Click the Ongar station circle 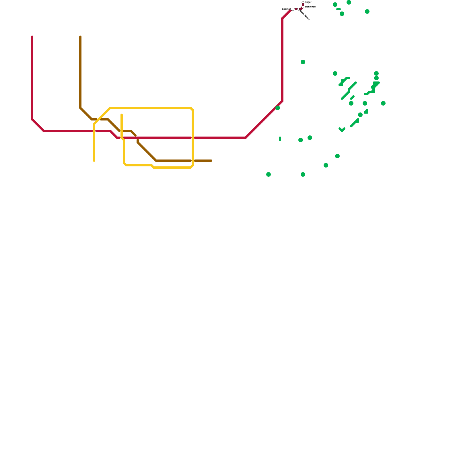point(303,2)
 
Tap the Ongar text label point(308,2)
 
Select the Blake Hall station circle point(303,7)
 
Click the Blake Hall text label point(310,7)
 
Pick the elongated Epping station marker point(293,9)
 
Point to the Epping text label point(286,9)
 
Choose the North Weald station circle point(298,9)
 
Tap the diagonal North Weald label point(305,15)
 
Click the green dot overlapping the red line point(278,108)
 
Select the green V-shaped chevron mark point(342,130)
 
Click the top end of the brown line point(80,37)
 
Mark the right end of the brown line point(211,161)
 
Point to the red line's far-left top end point(32,37)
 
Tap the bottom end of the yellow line point(94,161)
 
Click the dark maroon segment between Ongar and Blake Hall point(303,5)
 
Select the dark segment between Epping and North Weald point(296,9)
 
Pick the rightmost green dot point(383,103)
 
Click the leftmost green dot point(269,174)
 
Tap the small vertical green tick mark point(280,139)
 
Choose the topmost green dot point(349,2)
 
